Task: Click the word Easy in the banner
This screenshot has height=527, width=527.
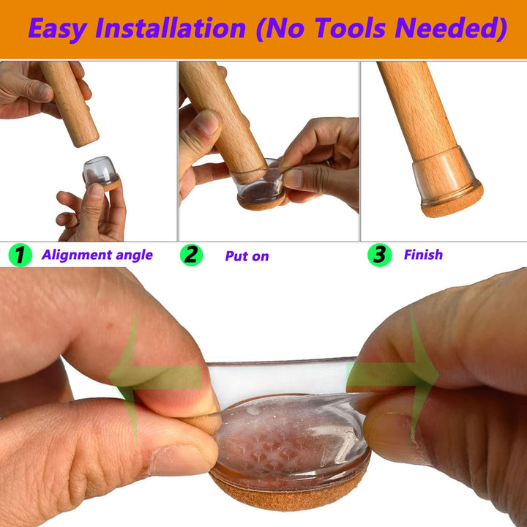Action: [58, 29]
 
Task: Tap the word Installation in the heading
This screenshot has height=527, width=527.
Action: [171, 28]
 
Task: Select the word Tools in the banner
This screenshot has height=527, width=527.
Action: [350, 28]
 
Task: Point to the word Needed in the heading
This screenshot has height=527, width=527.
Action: [451, 29]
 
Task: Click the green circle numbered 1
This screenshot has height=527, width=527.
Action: [20, 255]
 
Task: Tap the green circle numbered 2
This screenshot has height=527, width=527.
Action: [191, 255]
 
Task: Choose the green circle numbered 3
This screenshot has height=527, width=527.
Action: [380, 255]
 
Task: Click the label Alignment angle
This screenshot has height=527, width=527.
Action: [97, 255]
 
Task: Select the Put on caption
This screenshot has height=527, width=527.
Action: [247, 256]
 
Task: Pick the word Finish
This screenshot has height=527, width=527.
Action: [423, 255]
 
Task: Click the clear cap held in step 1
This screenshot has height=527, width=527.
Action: [100, 172]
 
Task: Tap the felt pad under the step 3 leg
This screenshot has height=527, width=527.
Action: [452, 201]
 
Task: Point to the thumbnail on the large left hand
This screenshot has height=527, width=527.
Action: [183, 460]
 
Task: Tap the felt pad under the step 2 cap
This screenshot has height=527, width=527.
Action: [261, 202]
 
